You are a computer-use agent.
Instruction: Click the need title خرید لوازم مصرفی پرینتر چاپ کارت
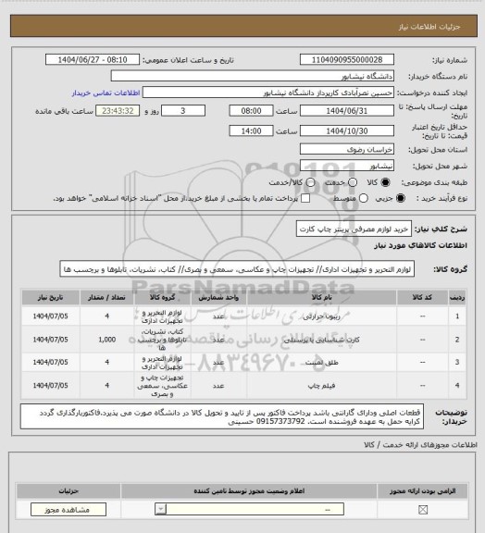(360, 228)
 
